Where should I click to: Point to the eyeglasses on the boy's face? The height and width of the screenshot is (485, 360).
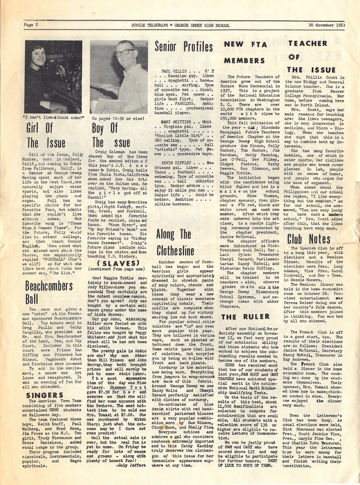tap(121, 53)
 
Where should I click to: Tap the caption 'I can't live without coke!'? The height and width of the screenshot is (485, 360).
tap(53, 118)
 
